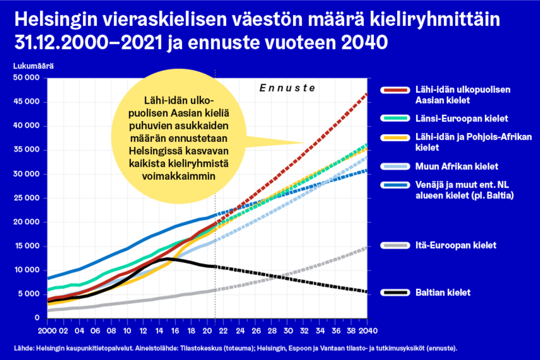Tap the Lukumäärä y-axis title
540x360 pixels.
pyautogui.click(x=33, y=66)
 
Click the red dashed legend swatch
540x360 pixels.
pyautogui.click(x=395, y=90)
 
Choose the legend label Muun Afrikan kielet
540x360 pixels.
pyautogui.click(x=457, y=167)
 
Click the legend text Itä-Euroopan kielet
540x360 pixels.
pyautogui.click(x=456, y=245)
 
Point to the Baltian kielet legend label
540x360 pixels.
pyautogui.click(x=442, y=293)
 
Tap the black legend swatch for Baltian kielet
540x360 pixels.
pyautogui.click(x=395, y=293)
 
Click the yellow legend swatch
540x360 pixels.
pyautogui.click(x=395, y=138)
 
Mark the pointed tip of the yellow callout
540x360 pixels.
pyautogui.click(x=305, y=142)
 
